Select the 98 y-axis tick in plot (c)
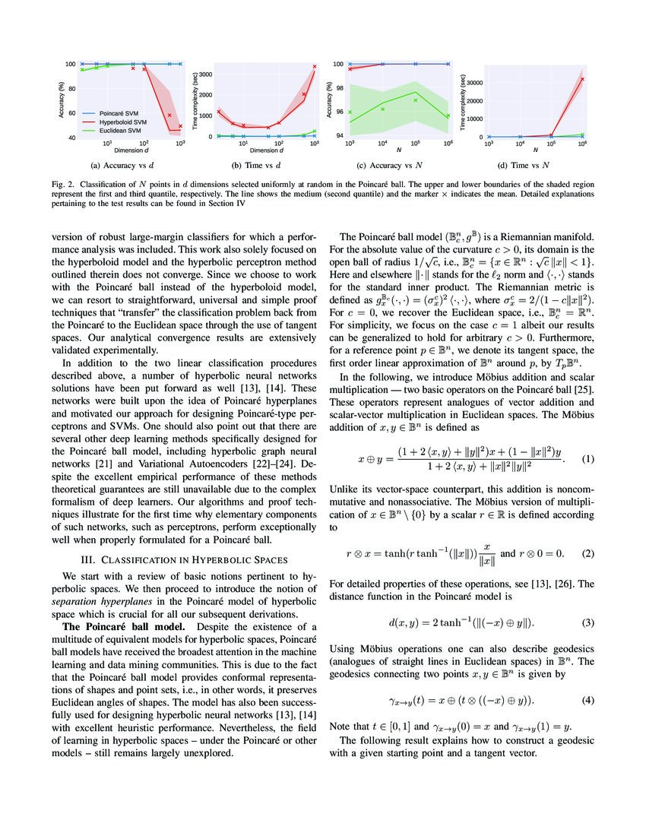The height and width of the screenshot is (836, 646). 340,87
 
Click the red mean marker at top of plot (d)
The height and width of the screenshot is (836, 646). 583,79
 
